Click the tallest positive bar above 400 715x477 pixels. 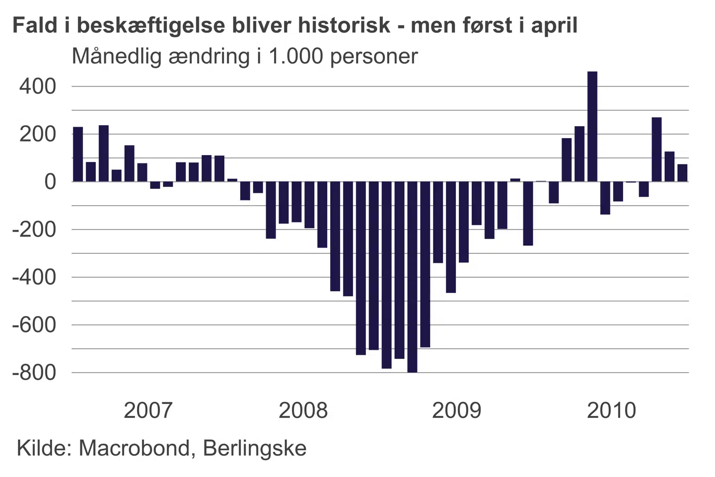tap(592, 127)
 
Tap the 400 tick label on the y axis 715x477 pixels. tap(38, 86)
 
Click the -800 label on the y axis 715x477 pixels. tap(34, 373)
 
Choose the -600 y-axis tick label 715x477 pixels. tap(34, 325)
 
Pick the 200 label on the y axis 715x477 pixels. tap(38, 134)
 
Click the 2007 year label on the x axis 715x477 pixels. tap(148, 410)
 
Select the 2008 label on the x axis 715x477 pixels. tap(303, 410)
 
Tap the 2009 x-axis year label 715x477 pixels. tap(457, 410)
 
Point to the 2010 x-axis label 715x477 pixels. tap(611, 410)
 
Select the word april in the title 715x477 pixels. tap(554, 25)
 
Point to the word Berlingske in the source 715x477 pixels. tap(255, 448)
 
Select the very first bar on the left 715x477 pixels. tap(78, 154)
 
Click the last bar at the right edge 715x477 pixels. tap(683, 173)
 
